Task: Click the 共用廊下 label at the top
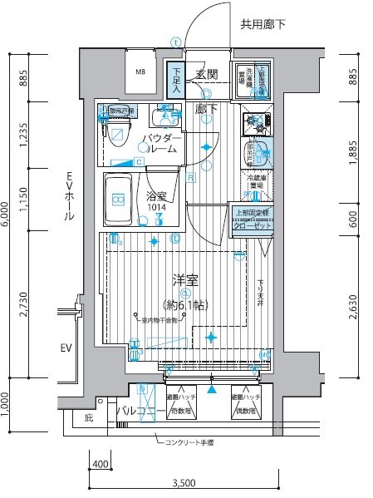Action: tap(262, 25)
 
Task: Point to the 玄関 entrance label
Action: tap(207, 75)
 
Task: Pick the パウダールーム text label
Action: tap(159, 142)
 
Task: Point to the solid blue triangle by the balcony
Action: tap(213, 389)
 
